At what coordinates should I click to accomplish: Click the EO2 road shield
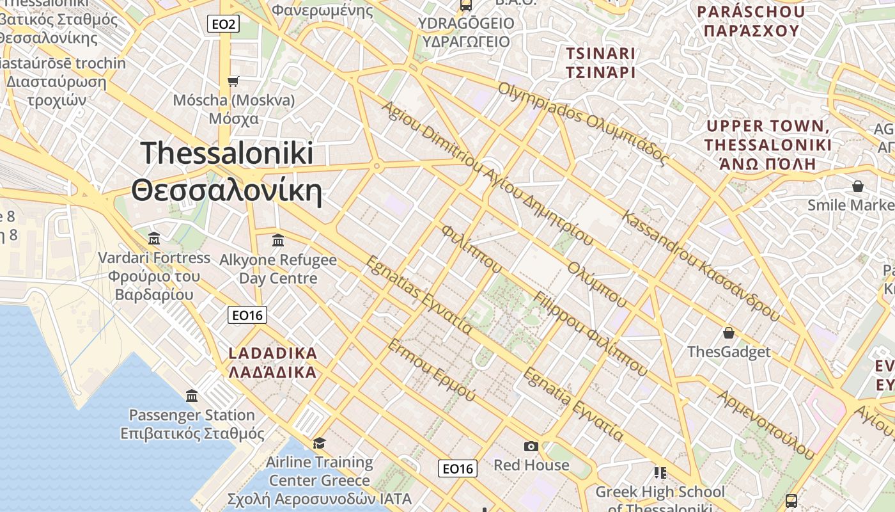(224, 24)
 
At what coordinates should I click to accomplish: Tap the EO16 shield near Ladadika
(247, 315)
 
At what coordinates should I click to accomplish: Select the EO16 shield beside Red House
(458, 468)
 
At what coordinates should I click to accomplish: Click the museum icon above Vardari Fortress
(154, 239)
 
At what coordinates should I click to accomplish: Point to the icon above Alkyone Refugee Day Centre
(278, 241)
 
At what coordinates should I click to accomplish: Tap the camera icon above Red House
(531, 446)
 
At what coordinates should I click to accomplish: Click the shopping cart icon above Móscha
(233, 81)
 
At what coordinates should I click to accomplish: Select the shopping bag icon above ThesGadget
(728, 333)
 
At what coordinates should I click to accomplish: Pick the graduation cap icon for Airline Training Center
(318, 443)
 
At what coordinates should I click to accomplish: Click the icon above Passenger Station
(192, 396)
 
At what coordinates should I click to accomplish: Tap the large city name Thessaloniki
(227, 154)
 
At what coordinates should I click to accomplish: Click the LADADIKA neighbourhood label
(273, 353)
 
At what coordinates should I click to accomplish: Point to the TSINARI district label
(600, 54)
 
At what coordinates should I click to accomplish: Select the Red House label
(531, 465)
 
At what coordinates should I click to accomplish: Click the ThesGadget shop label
(729, 352)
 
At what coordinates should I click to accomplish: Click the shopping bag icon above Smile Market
(858, 186)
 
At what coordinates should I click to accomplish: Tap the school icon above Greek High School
(660, 473)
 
